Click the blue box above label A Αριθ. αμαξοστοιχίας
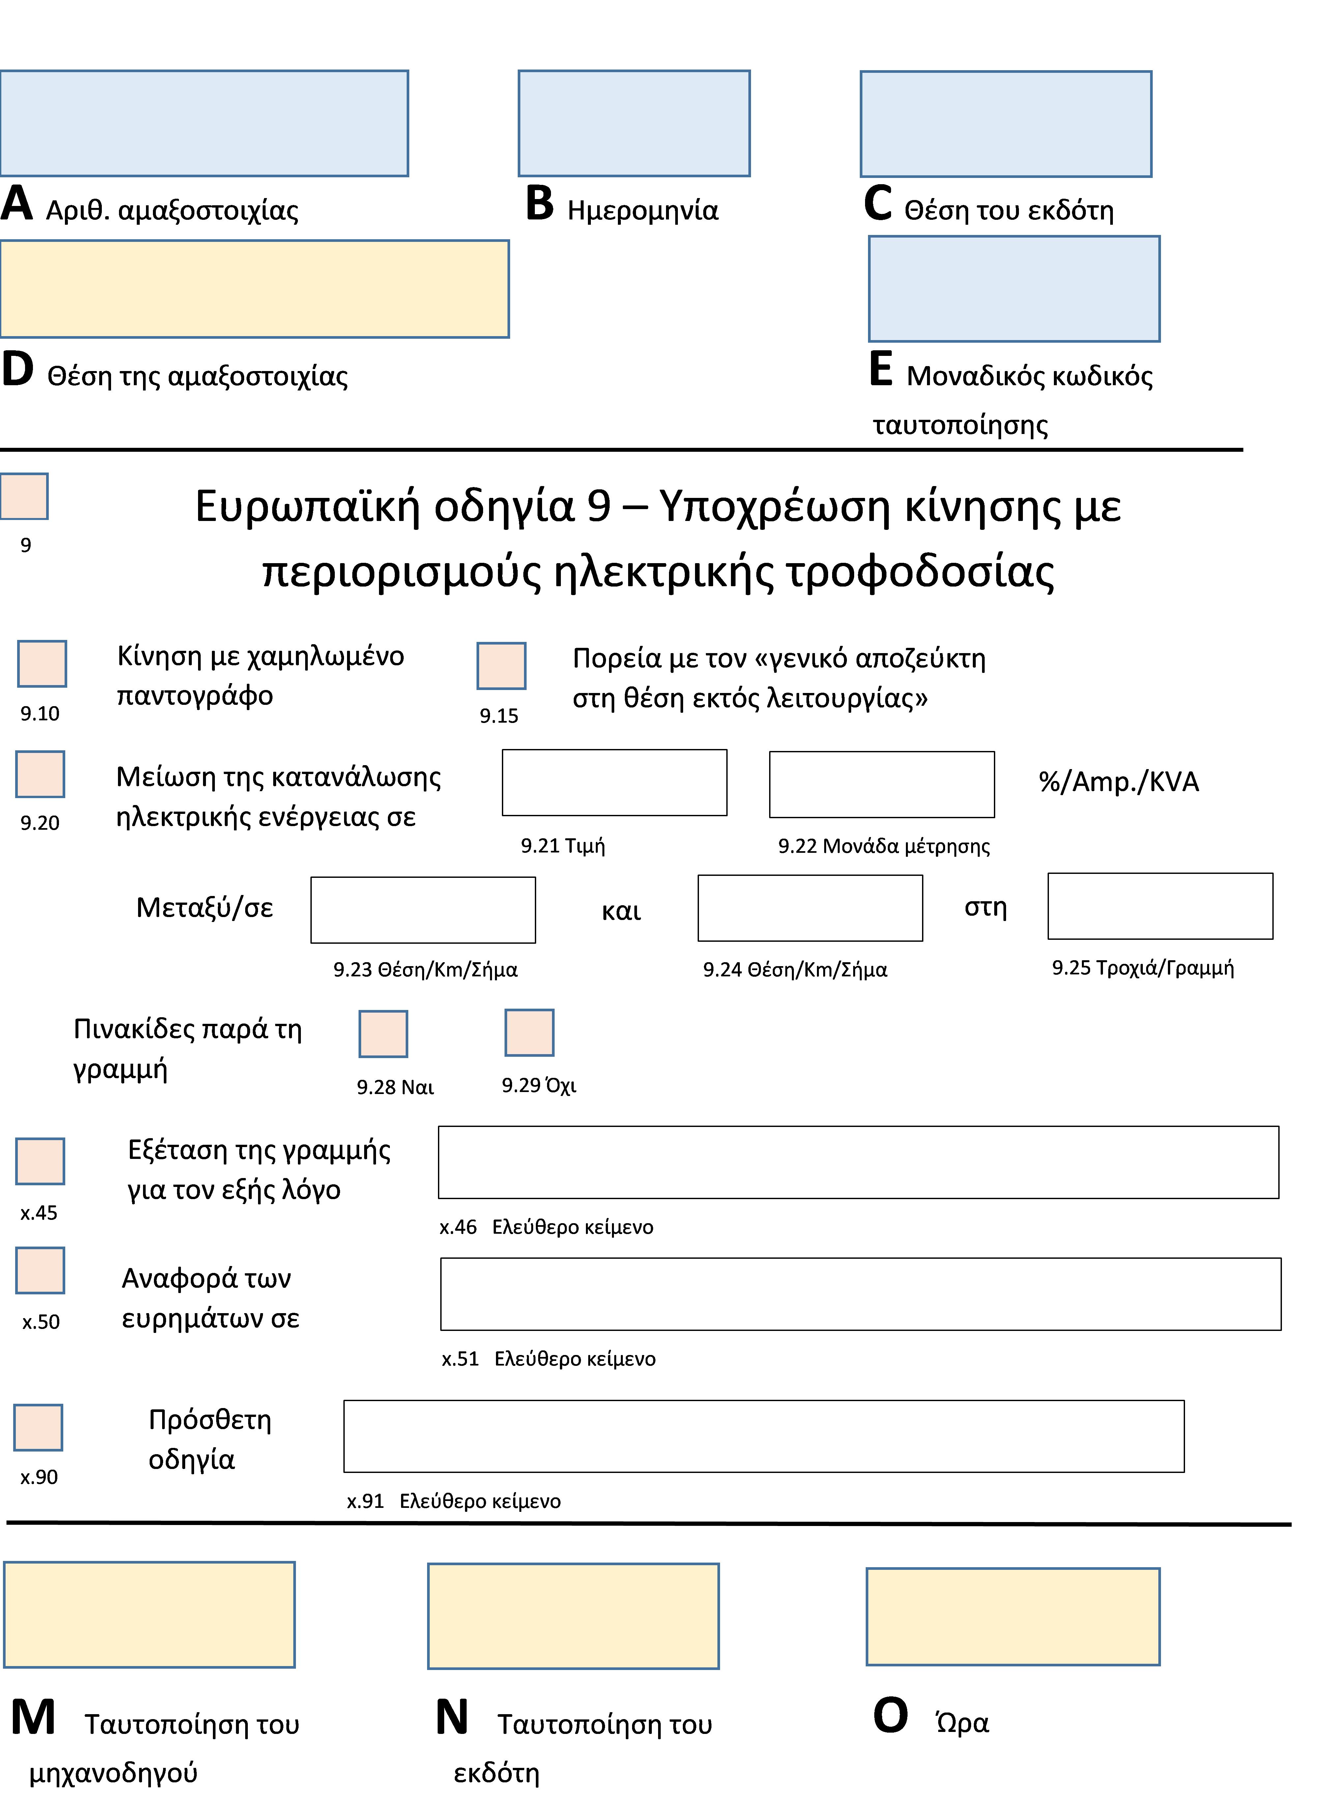pyautogui.click(x=204, y=123)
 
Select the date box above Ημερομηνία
pyautogui.click(x=634, y=123)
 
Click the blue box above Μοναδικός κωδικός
pyautogui.click(x=1014, y=289)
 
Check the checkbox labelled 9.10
pyautogui.click(x=42, y=664)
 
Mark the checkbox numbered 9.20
pyautogui.click(x=40, y=774)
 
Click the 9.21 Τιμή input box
pyautogui.click(x=614, y=783)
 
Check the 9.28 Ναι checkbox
pyautogui.click(x=383, y=1034)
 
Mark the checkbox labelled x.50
pyautogui.click(x=40, y=1271)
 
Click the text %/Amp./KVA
pyautogui.click(x=1118, y=782)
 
